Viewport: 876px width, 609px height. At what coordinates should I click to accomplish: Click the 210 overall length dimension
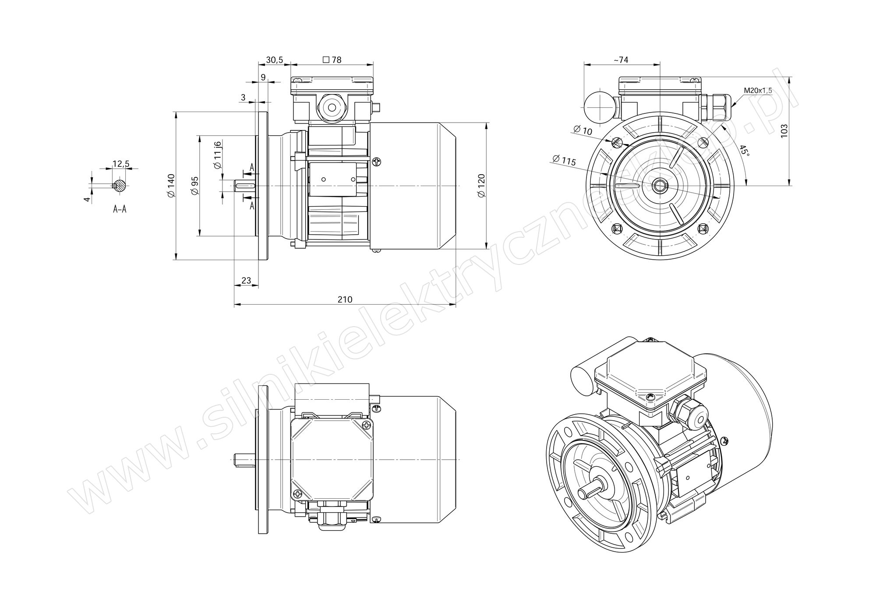pyautogui.click(x=345, y=299)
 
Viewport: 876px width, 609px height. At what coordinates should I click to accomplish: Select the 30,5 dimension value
pyautogui.click(x=274, y=60)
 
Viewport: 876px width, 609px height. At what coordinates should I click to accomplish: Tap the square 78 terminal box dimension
pyautogui.click(x=332, y=60)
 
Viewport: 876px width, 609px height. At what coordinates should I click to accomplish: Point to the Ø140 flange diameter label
pyautogui.click(x=170, y=186)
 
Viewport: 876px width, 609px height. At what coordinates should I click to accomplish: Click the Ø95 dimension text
pyautogui.click(x=195, y=186)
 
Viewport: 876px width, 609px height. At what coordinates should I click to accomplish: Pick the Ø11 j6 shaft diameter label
pyautogui.click(x=217, y=155)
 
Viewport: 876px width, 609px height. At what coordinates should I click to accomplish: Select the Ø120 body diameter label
pyautogui.click(x=481, y=186)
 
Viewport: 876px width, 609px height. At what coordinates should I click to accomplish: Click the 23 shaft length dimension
pyautogui.click(x=246, y=281)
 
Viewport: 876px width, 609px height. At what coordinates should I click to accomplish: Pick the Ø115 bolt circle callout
pyautogui.click(x=564, y=160)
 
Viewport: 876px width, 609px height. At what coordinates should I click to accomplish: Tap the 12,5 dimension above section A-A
pyautogui.click(x=121, y=164)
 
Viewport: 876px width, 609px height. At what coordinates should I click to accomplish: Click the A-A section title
pyautogui.click(x=120, y=209)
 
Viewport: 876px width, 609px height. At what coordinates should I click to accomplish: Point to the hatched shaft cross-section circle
pyautogui.click(x=120, y=185)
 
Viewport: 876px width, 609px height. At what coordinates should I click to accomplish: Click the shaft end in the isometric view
pyautogui.click(x=582, y=494)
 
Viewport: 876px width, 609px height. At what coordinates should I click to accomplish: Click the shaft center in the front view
pyautogui.click(x=659, y=186)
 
